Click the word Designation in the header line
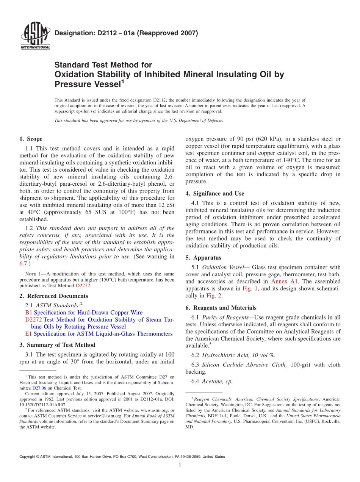tap(72, 33)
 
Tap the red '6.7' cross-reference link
tap(23, 263)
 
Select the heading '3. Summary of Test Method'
tap(57, 345)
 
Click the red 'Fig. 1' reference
tap(250, 289)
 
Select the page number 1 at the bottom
tap(180, 465)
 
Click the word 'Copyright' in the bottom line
tap(28, 457)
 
